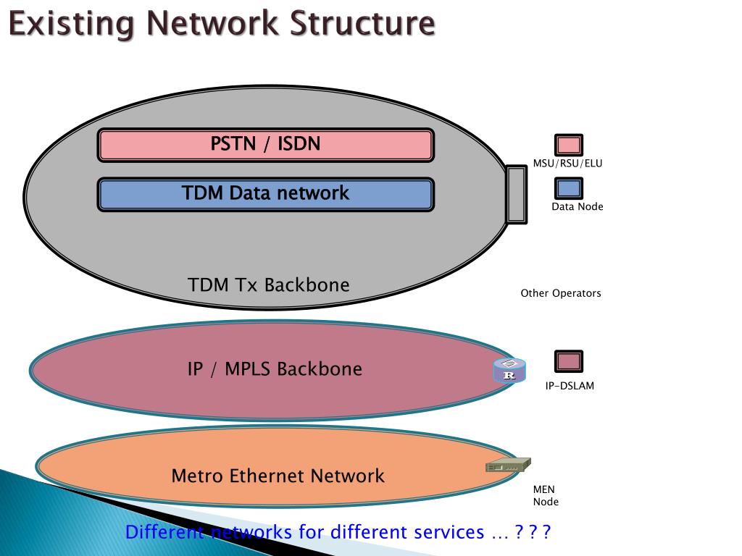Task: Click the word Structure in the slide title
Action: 362,23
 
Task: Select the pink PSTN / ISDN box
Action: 265,144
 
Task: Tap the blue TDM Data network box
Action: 265,194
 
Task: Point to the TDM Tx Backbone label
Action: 268,285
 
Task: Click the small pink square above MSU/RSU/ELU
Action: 569,145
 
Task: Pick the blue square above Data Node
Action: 569,188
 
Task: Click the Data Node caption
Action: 577,207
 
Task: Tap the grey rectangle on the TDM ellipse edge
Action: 516,194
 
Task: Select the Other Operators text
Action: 561,293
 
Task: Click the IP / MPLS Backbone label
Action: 275,369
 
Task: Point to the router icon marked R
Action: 509,370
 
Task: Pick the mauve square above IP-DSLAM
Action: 569,361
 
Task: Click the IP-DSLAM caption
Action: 570,386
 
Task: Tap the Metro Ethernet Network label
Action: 278,476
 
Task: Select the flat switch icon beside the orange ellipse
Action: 508,466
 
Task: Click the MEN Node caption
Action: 546,496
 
